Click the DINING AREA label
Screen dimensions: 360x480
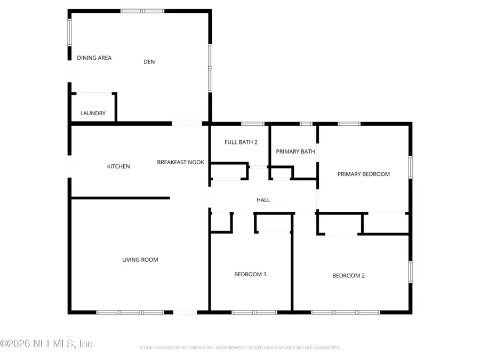pyautogui.click(x=94, y=58)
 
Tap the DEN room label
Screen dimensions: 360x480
pyautogui.click(x=149, y=62)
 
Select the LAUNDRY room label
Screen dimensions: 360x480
pyautogui.click(x=93, y=113)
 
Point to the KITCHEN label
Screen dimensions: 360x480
pyautogui.click(x=118, y=166)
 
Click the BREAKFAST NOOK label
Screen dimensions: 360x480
pyautogui.click(x=180, y=162)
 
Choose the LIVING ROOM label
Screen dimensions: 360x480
pyautogui.click(x=140, y=260)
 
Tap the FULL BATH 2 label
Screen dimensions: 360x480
pyautogui.click(x=241, y=142)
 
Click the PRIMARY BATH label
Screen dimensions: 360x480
pyautogui.click(x=295, y=151)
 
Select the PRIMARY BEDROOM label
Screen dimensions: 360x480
pyautogui.click(x=363, y=174)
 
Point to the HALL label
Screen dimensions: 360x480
pyautogui.click(x=263, y=200)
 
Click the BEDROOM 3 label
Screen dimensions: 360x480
pyautogui.click(x=250, y=274)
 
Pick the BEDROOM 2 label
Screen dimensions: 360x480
pyautogui.click(x=348, y=276)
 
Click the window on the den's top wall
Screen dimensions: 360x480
pyautogui.click(x=142, y=11)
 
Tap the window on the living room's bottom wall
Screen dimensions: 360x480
pyautogui.click(x=130, y=312)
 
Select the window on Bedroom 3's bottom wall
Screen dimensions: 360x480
pyautogui.click(x=254, y=312)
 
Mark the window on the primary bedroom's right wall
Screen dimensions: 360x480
pyautogui.click(x=410, y=166)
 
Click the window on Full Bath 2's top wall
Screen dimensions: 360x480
pyautogui.click(x=249, y=124)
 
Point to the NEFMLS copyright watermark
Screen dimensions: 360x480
pyautogui.click(x=46, y=344)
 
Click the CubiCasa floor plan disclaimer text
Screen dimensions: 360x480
pyautogui.click(x=239, y=348)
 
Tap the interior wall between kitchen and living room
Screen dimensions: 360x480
pyautogui.click(x=120, y=198)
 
